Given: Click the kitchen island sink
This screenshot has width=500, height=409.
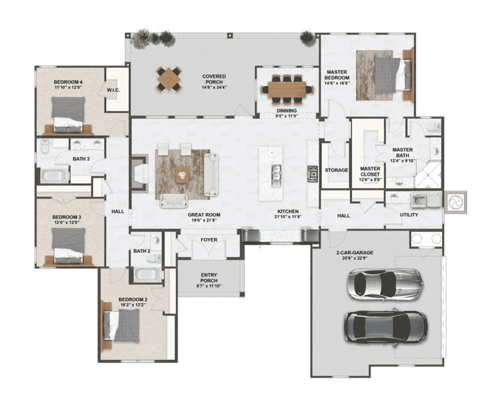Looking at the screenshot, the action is click(276, 173).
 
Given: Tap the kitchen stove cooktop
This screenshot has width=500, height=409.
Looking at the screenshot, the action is click(312, 174).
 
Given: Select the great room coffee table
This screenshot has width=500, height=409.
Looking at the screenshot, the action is click(182, 175).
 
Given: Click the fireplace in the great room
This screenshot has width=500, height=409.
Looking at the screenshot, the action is click(140, 172).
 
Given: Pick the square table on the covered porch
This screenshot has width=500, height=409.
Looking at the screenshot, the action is click(169, 79).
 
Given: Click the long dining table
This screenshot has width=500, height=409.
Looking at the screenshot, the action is click(287, 90).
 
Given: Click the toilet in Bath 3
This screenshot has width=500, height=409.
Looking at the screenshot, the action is click(45, 146).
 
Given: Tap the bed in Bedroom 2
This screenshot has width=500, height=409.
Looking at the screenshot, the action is click(122, 326).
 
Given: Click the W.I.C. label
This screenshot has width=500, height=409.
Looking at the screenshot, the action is click(113, 90).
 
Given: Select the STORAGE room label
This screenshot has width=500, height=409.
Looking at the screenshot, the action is click(336, 170).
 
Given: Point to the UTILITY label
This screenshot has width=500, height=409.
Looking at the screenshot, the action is click(409, 215).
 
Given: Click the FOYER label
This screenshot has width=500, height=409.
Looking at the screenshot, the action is click(209, 240).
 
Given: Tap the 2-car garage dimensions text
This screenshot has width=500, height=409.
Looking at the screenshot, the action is click(355, 258).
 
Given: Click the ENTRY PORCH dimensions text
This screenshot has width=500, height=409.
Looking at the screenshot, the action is click(209, 286).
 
